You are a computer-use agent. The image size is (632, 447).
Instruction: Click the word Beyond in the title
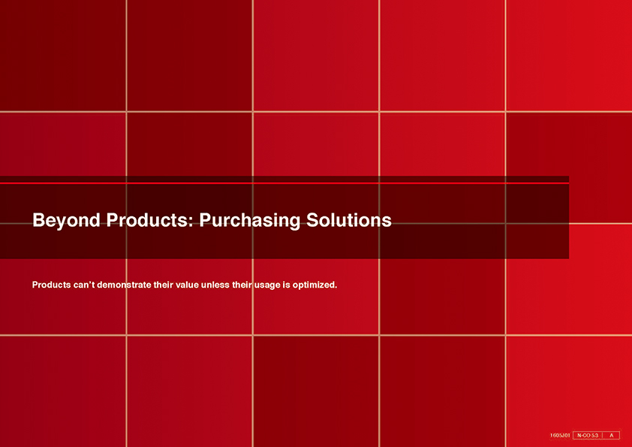click(x=66, y=221)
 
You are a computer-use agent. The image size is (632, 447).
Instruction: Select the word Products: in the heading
click(x=150, y=220)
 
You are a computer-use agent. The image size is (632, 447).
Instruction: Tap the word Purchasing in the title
click(x=249, y=221)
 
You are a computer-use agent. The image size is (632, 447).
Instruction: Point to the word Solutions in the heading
click(x=348, y=220)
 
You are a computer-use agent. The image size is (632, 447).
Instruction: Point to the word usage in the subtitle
click(x=266, y=285)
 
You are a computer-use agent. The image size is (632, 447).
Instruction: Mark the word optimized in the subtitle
click(x=314, y=285)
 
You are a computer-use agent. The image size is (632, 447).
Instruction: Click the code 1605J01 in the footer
click(x=560, y=435)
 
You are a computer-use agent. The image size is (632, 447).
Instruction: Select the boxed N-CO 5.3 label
click(x=588, y=435)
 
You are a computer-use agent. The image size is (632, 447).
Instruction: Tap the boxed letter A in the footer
click(x=612, y=435)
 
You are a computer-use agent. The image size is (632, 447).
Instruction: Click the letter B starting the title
click(x=38, y=220)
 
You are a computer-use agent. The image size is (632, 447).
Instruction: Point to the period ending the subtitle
click(x=336, y=288)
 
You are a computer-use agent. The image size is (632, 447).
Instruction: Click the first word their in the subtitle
click(x=163, y=285)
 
